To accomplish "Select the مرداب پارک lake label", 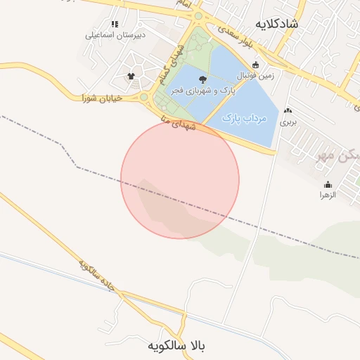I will pos(245,118).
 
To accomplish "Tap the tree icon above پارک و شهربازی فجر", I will pos(203,79).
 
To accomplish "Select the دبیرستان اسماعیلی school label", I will pos(115,34).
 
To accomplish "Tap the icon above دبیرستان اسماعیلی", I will pos(115,24).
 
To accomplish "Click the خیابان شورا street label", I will pos(102,98).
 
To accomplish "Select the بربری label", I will pos(289,122).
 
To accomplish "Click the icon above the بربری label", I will pos(289,110).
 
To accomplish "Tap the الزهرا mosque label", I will pos(328,195).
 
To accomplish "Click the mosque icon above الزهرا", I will pos(328,184).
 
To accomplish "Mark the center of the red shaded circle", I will pos(180,179).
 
